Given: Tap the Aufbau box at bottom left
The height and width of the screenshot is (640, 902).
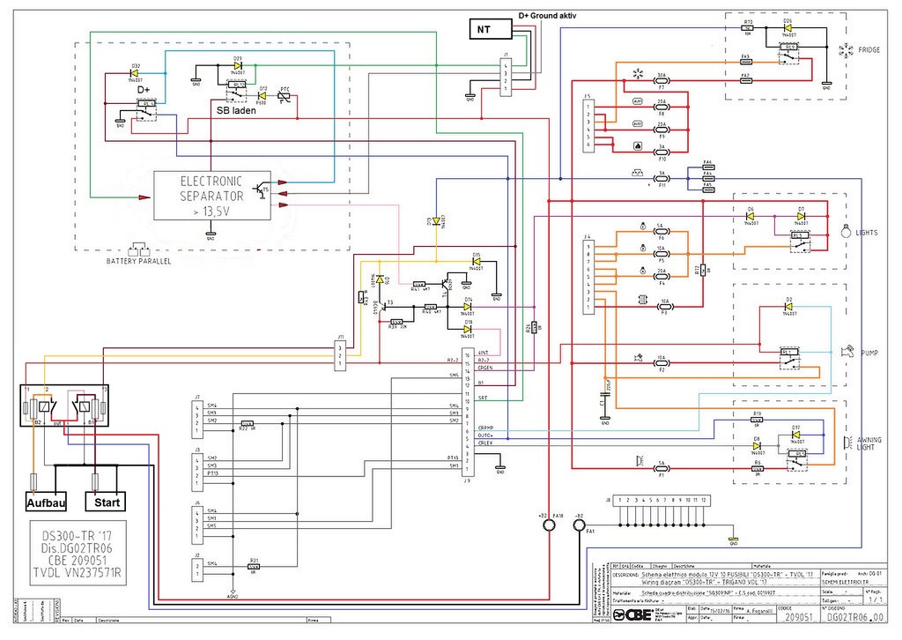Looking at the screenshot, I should [x=44, y=502].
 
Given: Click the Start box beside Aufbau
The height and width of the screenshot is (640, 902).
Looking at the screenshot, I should [x=104, y=502].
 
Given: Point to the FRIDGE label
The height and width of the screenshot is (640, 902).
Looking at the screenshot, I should [x=869, y=51].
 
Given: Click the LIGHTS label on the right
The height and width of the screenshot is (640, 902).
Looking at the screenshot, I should [x=869, y=233].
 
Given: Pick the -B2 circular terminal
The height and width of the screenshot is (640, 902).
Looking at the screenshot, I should [x=580, y=526].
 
